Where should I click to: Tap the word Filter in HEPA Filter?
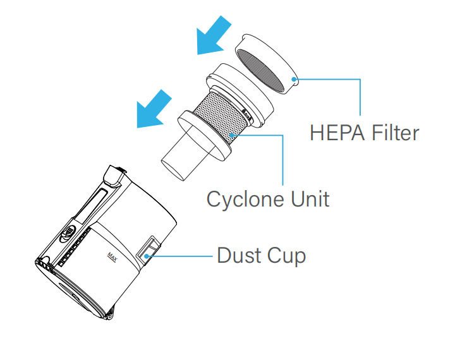coord(394,133)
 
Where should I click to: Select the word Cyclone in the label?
coord(243,200)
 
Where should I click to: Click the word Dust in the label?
coord(239,256)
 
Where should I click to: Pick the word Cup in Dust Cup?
coord(286,256)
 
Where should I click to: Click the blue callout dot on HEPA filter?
coord(294,79)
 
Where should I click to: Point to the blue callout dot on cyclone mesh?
coord(233,134)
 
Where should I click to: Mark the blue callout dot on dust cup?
coord(147,256)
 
